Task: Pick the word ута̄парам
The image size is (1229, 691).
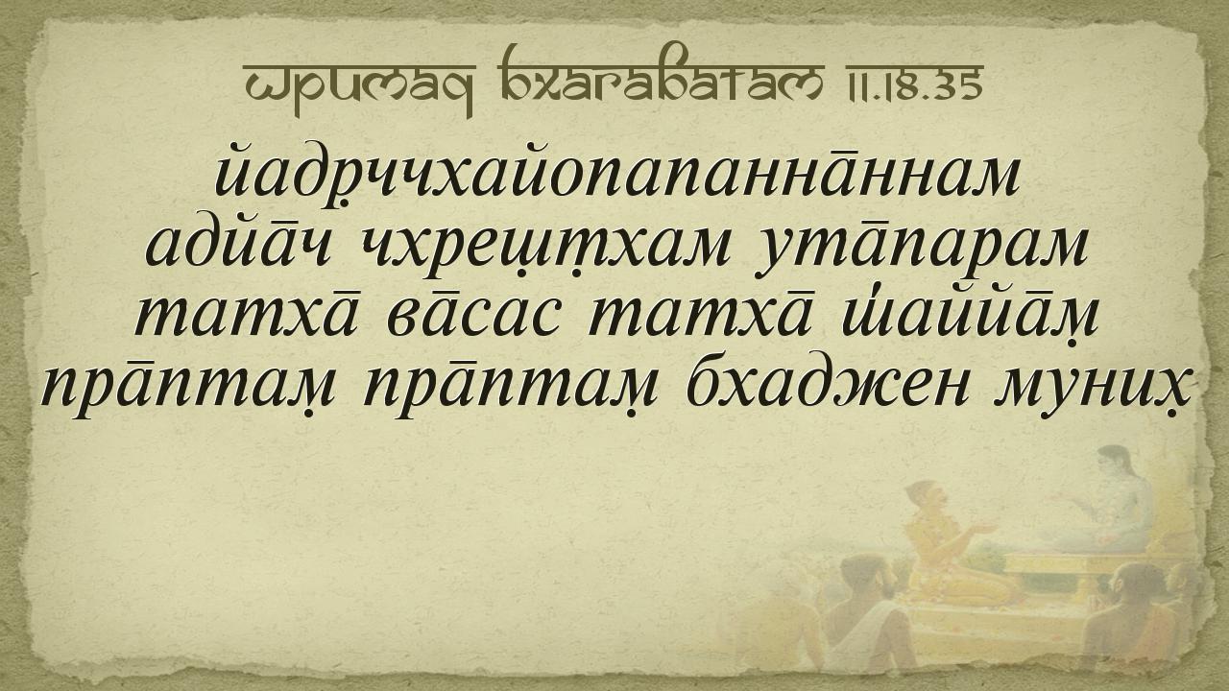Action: point(921,252)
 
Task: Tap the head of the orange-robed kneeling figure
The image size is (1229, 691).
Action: point(928,500)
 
